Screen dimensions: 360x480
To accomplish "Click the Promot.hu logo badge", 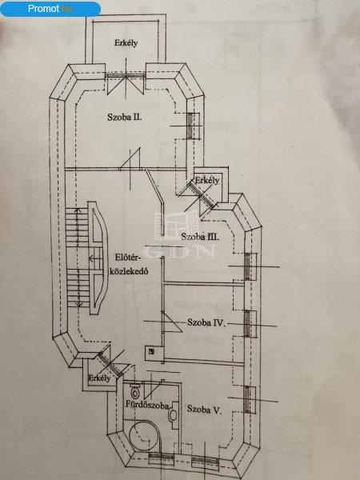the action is point(50,9).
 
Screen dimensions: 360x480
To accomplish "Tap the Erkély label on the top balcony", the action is point(126,43).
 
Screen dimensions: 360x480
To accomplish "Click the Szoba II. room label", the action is point(125,117).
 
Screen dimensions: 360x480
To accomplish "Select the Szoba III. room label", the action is point(200,237).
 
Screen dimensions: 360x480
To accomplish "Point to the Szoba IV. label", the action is point(206,322).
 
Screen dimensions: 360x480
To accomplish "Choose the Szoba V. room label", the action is point(204,410).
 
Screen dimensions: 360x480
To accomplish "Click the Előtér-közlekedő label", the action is point(128,265).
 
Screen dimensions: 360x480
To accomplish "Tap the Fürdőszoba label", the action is point(147,405).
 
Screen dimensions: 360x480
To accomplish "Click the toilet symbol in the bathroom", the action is point(134,390).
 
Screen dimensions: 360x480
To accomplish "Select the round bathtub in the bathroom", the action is point(145,436).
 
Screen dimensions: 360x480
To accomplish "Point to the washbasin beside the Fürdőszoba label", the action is point(174,414).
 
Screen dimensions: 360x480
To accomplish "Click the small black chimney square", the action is point(151,351).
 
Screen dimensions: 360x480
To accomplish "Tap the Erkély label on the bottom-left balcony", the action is point(99,378).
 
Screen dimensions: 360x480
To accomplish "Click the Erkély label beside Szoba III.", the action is point(207,180).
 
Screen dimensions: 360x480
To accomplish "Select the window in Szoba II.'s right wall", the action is point(190,126).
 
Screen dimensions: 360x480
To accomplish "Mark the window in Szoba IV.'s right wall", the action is point(248,323).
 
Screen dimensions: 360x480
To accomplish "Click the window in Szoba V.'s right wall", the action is point(248,399).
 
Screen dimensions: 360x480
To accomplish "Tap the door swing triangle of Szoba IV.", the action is point(173,322).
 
